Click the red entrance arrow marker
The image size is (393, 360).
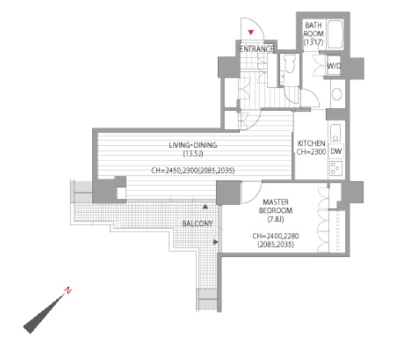pos(251,32)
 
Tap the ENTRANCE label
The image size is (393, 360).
pos(256,49)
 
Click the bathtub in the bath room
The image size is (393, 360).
pos(335,34)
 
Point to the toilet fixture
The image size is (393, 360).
pos(290,63)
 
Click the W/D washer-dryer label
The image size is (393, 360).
pos(334,66)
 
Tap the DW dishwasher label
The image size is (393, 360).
pos(336,151)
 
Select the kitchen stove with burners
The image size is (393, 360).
pos(336,168)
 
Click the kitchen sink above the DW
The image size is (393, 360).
pos(335,133)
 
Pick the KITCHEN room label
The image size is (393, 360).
pos(311,143)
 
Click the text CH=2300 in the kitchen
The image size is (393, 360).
pos(311,152)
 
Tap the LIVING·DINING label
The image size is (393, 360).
pos(193,145)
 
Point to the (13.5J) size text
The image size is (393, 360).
pos(193,153)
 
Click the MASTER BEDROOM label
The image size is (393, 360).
pos(275,207)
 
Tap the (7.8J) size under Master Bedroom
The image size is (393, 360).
pos(275,219)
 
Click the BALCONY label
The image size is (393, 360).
pos(197,223)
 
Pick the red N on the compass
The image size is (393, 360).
pos(68,290)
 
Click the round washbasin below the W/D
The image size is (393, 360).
pos(337,94)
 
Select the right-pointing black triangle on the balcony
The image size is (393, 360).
pos(215,242)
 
